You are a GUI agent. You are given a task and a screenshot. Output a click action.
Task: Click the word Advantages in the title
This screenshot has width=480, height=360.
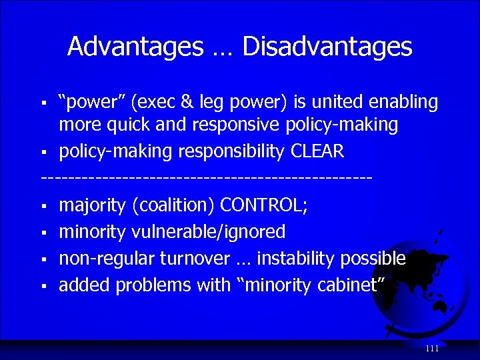click(x=135, y=47)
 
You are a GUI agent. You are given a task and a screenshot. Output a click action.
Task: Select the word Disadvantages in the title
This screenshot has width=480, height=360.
click(x=327, y=47)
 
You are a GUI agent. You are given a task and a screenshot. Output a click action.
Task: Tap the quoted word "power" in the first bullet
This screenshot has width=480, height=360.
click(x=92, y=102)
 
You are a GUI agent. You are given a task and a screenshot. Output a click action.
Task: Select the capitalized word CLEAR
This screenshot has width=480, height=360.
click(x=317, y=151)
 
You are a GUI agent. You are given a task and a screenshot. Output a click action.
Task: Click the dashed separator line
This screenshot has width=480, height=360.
click(x=207, y=178)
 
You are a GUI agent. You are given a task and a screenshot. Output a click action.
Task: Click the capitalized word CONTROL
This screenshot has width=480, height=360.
click(x=263, y=205)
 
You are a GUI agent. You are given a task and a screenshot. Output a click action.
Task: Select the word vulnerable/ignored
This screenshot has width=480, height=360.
click(x=209, y=232)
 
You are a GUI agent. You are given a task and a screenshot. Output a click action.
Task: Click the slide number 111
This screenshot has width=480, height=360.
click(x=431, y=349)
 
